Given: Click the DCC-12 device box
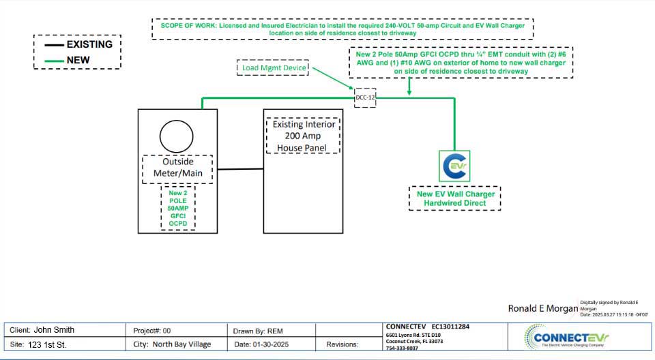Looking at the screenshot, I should point(365,97).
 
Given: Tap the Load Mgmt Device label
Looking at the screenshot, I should point(273,67).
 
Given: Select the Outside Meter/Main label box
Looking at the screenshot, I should point(177,168).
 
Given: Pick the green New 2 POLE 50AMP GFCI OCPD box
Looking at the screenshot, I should point(177,208).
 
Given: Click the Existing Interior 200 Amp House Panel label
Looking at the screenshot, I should point(304,136).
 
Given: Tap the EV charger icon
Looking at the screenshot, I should point(454,166).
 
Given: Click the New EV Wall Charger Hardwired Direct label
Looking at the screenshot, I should point(454,198).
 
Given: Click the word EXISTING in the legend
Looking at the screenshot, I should point(89,44).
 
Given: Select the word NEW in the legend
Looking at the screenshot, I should point(78,60).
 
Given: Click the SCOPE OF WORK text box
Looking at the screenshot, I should point(343,29).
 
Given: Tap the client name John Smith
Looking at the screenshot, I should point(54,330).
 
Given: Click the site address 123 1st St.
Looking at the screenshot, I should point(47,345).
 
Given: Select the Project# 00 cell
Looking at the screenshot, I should point(157,330).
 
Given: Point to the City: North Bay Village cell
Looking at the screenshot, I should point(173,345).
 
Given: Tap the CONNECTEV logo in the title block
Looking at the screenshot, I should point(568,337).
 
